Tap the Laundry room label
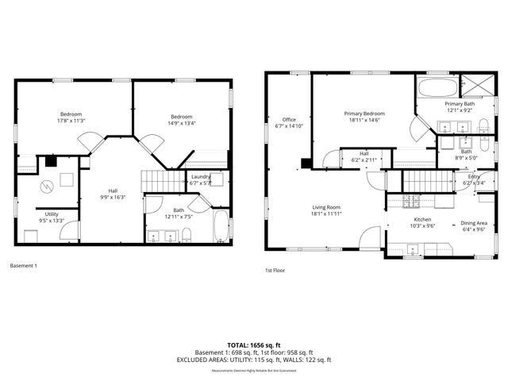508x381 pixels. [202, 176]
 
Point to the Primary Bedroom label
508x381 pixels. [362, 114]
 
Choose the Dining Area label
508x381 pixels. [474, 223]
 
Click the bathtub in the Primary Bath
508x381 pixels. [437, 87]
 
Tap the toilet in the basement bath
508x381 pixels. [187, 234]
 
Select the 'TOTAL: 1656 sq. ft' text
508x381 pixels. [254, 345]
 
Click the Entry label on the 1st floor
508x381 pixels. [474, 176]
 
